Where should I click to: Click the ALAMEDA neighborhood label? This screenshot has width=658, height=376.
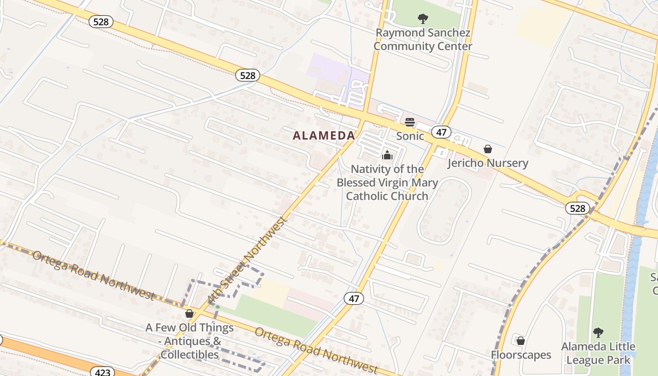click(324, 136)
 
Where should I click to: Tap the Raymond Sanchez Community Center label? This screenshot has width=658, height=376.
click(423, 40)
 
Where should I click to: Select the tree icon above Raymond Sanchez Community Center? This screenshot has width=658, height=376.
click(423, 19)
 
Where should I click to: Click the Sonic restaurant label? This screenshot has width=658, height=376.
click(410, 136)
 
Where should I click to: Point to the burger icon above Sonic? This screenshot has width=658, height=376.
click(410, 123)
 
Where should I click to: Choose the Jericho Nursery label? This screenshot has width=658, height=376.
click(488, 163)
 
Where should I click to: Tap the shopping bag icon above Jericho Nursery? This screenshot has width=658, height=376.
click(488, 149)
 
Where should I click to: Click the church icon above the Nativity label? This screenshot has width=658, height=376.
click(387, 155)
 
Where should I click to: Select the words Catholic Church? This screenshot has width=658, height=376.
click(387, 196)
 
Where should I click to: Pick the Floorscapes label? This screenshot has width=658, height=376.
click(521, 354)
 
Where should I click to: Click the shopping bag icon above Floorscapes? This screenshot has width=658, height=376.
click(520, 341)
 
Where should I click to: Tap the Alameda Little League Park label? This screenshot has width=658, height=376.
click(598, 353)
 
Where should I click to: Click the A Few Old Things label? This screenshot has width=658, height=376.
click(189, 328)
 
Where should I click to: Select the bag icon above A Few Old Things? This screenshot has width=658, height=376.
click(189, 313)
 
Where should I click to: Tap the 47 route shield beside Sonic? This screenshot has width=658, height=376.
click(441, 132)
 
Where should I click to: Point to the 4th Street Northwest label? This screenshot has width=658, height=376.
click(246, 260)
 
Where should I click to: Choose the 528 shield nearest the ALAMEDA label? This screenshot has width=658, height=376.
click(247, 75)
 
